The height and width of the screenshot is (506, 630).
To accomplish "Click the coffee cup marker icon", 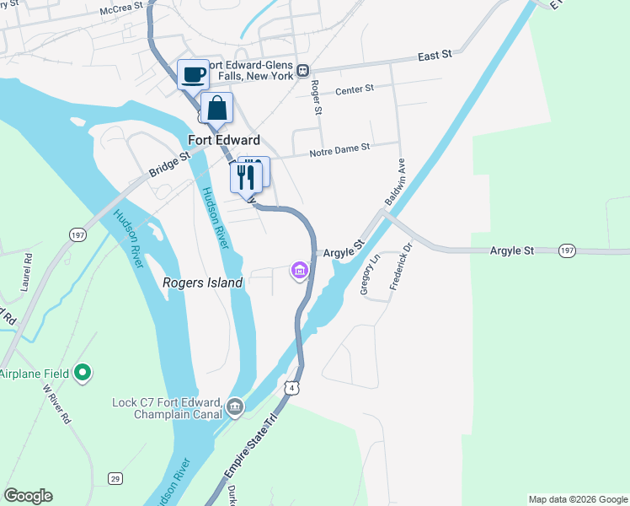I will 193,74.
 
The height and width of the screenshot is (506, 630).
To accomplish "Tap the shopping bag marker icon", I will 217,109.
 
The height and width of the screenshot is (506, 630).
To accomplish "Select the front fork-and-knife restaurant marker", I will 246,177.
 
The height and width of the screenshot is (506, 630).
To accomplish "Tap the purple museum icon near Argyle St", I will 299,271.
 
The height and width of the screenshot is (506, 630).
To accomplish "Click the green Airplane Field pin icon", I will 83,372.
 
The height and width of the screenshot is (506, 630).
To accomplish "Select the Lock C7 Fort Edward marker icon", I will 235,408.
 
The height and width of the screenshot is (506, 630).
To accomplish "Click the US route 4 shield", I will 291,387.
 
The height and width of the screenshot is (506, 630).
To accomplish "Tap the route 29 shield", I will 114,479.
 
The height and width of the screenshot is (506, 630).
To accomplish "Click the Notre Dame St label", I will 339,148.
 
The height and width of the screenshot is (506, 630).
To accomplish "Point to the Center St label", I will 353,90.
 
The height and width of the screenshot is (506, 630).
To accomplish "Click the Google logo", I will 28,496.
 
